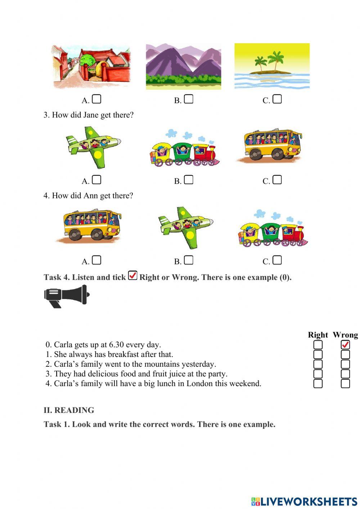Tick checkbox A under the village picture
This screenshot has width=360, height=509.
coord(96,99)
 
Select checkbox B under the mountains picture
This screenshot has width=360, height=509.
coord(189,99)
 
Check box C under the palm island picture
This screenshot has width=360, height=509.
coord(277,99)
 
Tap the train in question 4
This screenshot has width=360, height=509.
coord(273,229)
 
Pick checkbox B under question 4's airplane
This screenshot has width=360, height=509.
coord(189,260)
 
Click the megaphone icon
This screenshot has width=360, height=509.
coord(67,296)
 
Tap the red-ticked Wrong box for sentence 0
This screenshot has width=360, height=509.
coord(345,345)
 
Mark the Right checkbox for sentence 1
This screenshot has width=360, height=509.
coord(318,354)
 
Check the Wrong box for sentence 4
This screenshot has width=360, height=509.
coord(345,384)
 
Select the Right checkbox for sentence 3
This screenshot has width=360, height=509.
coord(318,374)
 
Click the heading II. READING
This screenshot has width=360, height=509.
coord(69,410)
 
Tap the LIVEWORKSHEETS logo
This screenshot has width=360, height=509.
coord(304,501)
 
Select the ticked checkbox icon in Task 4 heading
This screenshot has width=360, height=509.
coord(132,276)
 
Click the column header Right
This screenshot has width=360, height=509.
coord(318,335)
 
